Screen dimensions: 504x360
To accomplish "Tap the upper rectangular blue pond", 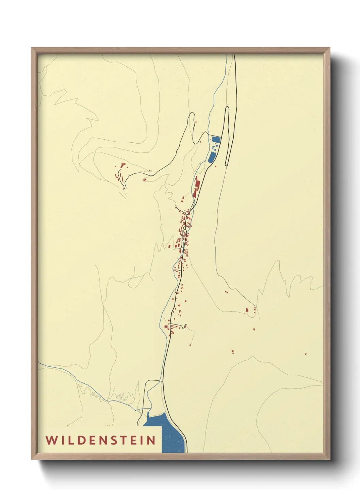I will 216,139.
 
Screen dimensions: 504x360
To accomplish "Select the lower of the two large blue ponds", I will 212,157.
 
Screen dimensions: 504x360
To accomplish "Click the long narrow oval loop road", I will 227,136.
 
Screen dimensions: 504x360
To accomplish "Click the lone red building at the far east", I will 306,354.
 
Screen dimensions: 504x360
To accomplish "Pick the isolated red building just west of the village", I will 169,246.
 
